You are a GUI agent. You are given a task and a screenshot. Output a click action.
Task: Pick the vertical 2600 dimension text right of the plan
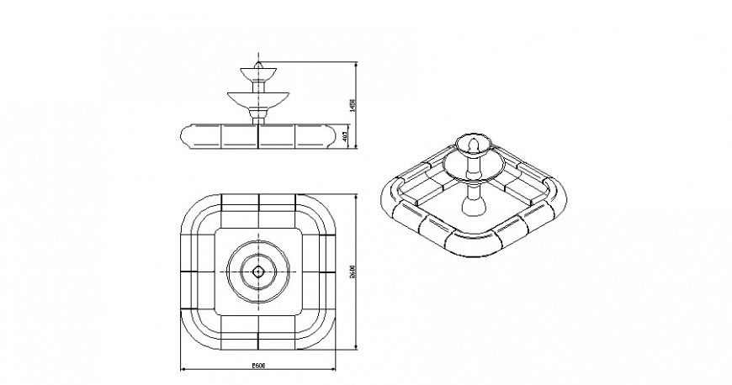tap(353, 271)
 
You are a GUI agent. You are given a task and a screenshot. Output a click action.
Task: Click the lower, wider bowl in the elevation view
tap(258, 99)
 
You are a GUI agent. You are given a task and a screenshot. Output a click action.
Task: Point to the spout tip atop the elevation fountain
tap(258, 61)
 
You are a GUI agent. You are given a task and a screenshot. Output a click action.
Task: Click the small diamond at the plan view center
tap(258, 271)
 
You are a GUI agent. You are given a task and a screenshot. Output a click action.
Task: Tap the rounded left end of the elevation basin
tap(186, 136)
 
